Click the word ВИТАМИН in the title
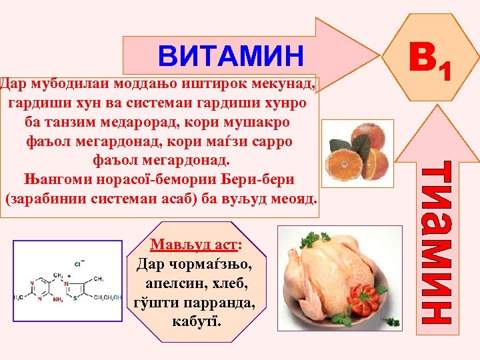click(231, 57)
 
